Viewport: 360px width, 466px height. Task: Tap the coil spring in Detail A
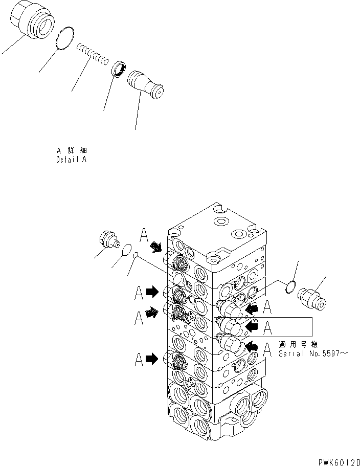(x=93, y=53)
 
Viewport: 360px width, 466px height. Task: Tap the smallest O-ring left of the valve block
(x=136, y=255)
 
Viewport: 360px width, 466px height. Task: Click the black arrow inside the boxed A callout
(x=252, y=325)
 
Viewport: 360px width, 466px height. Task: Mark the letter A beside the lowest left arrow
(x=139, y=360)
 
